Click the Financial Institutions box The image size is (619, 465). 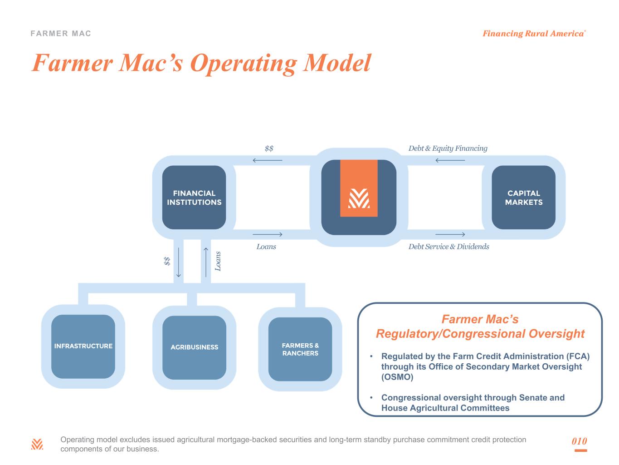coord(194,198)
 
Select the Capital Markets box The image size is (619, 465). coord(523,198)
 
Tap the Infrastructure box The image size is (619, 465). coord(83,346)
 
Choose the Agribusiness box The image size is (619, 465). coord(194,347)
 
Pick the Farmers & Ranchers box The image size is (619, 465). coord(300,349)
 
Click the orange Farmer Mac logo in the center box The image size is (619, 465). coord(359,188)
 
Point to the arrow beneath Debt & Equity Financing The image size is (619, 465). coord(450,160)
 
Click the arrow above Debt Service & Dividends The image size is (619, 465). coord(450,234)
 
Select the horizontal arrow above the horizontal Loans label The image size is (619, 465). coord(267,234)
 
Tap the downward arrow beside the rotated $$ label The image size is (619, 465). coord(179,262)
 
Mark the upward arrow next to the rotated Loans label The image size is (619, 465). coord(206,262)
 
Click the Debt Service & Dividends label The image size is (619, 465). coord(448,247)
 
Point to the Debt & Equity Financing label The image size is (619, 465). coord(448,148)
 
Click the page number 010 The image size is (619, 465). coord(579,441)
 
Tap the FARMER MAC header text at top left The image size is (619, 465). coord(61,34)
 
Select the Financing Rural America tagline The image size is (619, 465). coord(533,34)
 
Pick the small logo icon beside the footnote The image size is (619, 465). coord(37,444)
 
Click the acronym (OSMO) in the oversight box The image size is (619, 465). coord(397,377)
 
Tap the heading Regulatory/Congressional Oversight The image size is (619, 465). coord(480,334)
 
